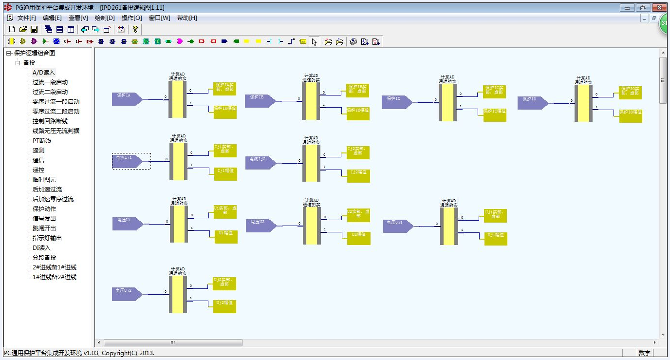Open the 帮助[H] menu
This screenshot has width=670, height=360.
[x=187, y=18]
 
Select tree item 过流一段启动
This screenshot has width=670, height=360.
[x=50, y=82]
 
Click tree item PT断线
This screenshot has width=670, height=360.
[x=42, y=141]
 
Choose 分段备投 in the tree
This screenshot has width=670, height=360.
[x=44, y=258]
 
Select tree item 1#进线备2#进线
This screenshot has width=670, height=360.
[x=55, y=277]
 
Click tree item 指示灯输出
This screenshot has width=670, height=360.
[x=47, y=238]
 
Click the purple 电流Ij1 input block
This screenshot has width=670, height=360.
[x=126, y=161]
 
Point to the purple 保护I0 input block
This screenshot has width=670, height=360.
[x=531, y=103]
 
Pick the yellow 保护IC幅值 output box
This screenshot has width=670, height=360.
[x=495, y=115]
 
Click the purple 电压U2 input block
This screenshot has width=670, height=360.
[x=260, y=226]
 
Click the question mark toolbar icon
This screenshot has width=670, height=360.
[x=135, y=29]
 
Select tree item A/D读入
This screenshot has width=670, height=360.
[x=44, y=73]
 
